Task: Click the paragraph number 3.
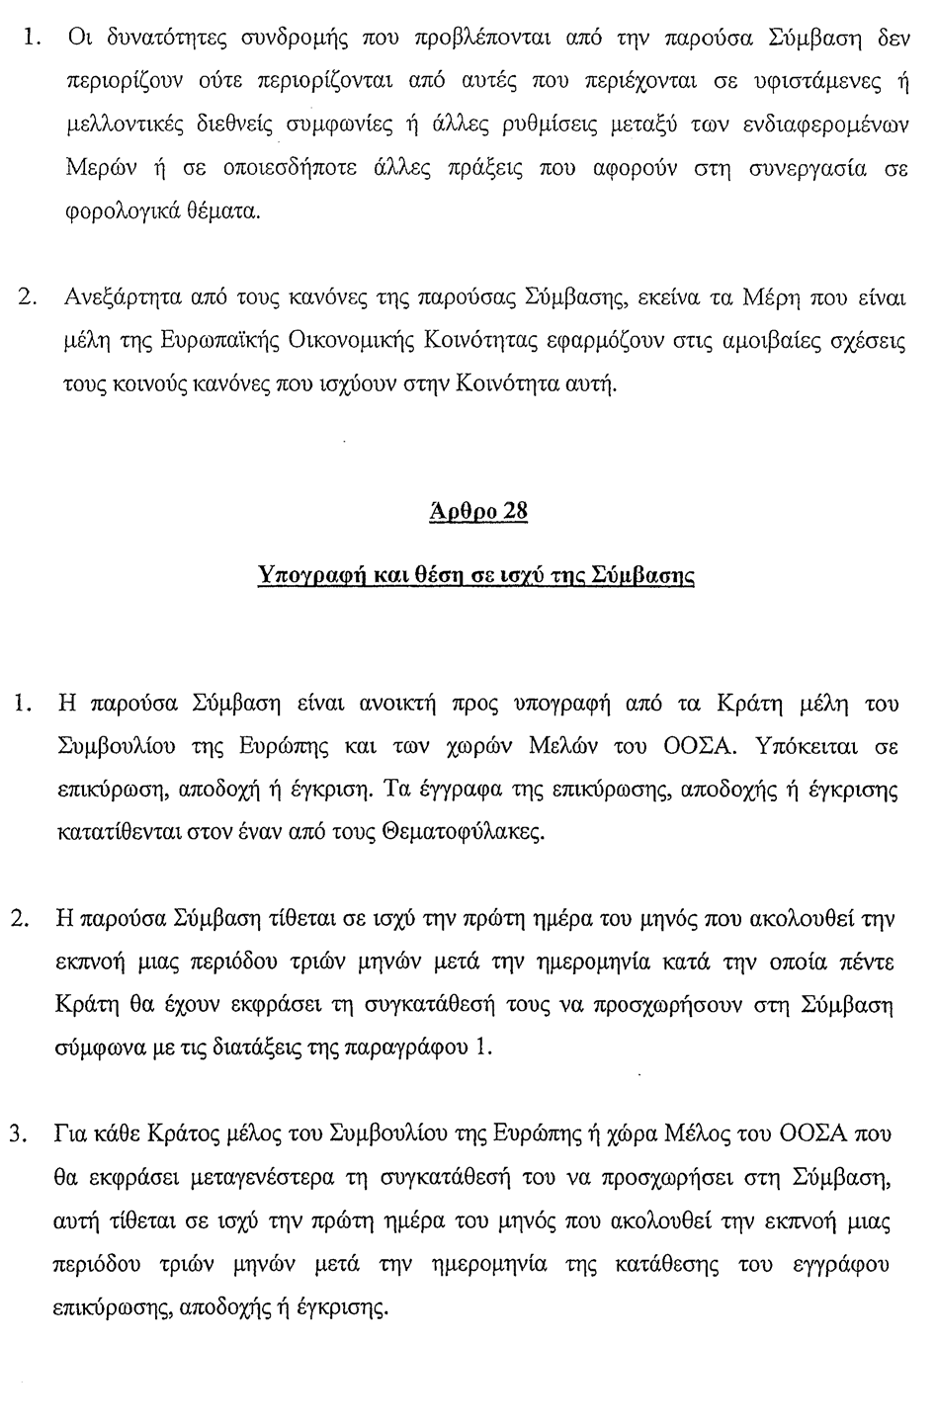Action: coord(17,1135)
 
